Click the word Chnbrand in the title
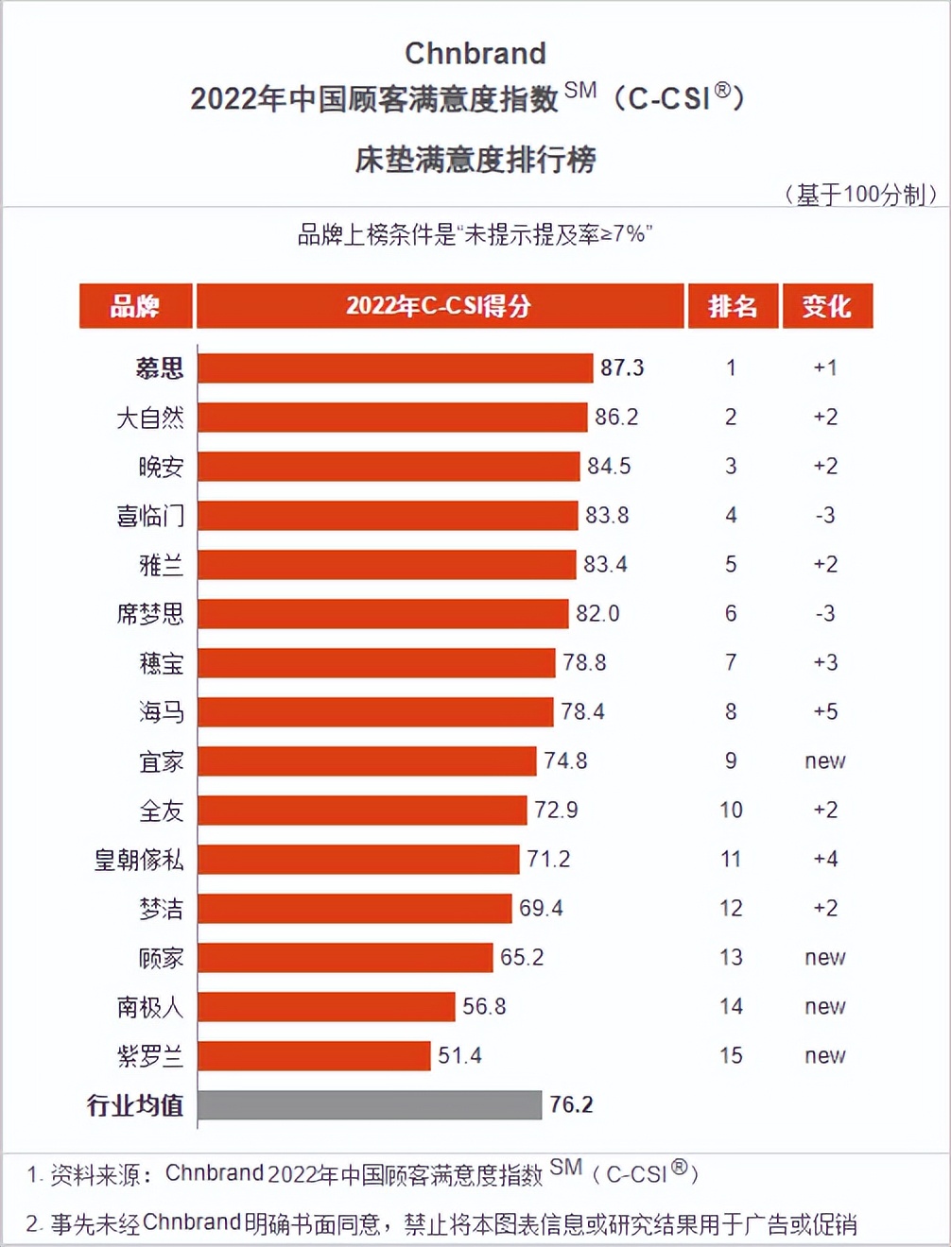pyautogui.click(x=475, y=53)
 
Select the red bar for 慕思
pyautogui.click(x=395, y=367)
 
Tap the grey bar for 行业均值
pyautogui.click(x=370, y=1104)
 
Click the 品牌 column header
pyautogui.click(x=135, y=306)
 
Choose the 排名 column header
pyautogui.click(x=733, y=306)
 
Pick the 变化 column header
pyautogui.click(x=827, y=306)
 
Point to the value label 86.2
pyautogui.click(x=616, y=417)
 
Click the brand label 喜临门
pyautogui.click(x=150, y=516)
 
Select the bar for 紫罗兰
pyautogui.click(x=314, y=1055)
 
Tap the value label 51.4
pyautogui.click(x=459, y=1055)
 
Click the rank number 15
pyautogui.click(x=731, y=1055)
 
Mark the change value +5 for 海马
pyautogui.click(x=825, y=711)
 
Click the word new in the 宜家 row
pyautogui.click(x=825, y=760)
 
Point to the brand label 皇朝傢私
pyautogui.click(x=139, y=860)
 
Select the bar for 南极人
pyautogui.click(x=326, y=1006)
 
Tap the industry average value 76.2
pyautogui.click(x=572, y=1104)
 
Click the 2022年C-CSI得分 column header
pyautogui.click(x=439, y=306)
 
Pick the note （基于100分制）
pyautogui.click(x=860, y=195)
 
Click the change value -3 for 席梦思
pyautogui.click(x=825, y=613)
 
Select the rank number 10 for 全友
pyautogui.click(x=731, y=810)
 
